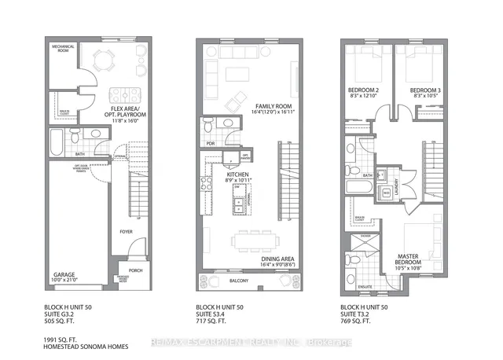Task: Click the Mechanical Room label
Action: pos(63,48)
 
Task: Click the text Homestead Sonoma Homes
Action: pos(86,343)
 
